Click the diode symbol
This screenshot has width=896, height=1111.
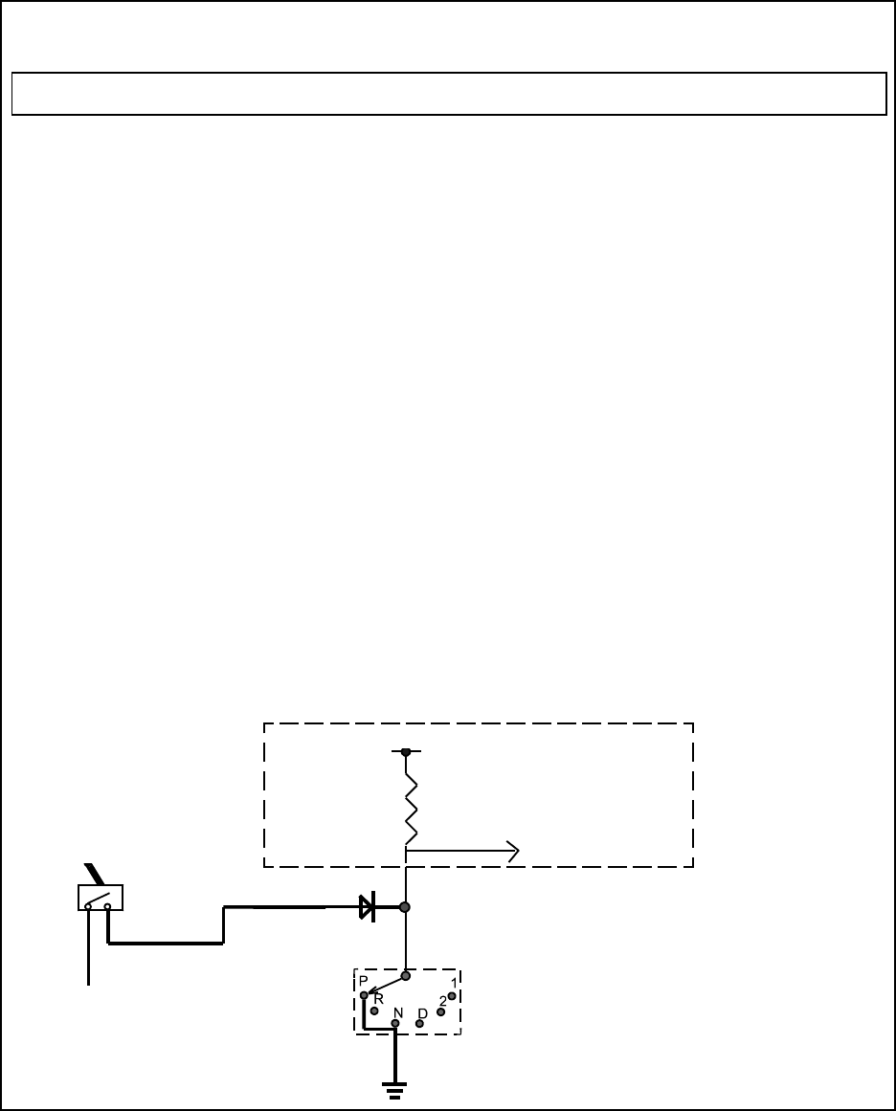(367, 907)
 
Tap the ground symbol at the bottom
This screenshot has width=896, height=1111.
(394, 1089)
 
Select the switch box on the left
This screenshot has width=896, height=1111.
(100, 898)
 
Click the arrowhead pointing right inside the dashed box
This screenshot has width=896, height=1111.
(513, 849)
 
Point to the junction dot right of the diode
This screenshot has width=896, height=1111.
(406, 907)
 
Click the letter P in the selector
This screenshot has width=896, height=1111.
(364, 982)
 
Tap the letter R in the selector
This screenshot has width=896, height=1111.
(379, 999)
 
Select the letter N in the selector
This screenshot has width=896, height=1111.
(397, 1011)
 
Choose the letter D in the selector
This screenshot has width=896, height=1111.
(422, 1012)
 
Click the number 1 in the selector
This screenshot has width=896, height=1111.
(453, 984)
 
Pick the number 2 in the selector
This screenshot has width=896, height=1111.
(443, 1001)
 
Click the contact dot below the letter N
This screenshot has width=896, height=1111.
(395, 1023)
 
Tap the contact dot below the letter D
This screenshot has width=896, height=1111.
(419, 1024)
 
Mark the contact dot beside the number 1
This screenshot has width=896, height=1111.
(452, 996)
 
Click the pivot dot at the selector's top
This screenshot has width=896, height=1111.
(406, 976)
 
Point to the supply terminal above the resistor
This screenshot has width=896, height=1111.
(406, 752)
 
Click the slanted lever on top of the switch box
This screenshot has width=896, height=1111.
(93, 874)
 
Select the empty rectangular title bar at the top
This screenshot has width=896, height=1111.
(448, 93)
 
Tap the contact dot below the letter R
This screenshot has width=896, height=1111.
(374, 1011)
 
